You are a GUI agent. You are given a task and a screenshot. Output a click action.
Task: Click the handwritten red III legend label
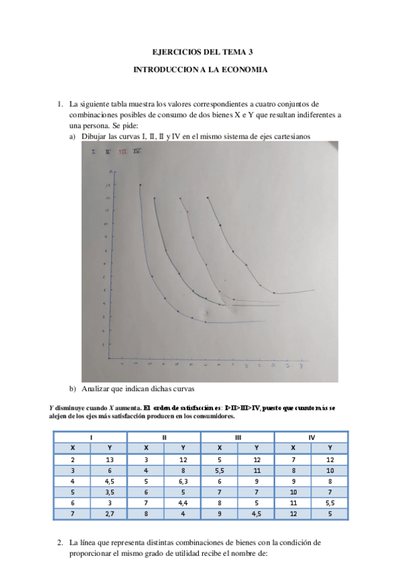pos(123,152)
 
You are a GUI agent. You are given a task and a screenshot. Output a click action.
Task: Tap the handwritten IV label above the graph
pos(137,152)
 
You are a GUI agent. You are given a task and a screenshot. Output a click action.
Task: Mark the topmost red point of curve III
pos(181,198)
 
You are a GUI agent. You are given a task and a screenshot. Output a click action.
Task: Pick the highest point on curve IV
pos(208,198)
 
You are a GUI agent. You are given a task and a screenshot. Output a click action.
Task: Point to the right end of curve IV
pos(313,291)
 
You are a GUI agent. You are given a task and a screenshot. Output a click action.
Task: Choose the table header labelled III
pos(238,437)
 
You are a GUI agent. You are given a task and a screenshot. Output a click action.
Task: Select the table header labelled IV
pos(311,437)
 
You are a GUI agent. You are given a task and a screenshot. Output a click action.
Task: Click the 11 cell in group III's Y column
pos(256,470)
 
